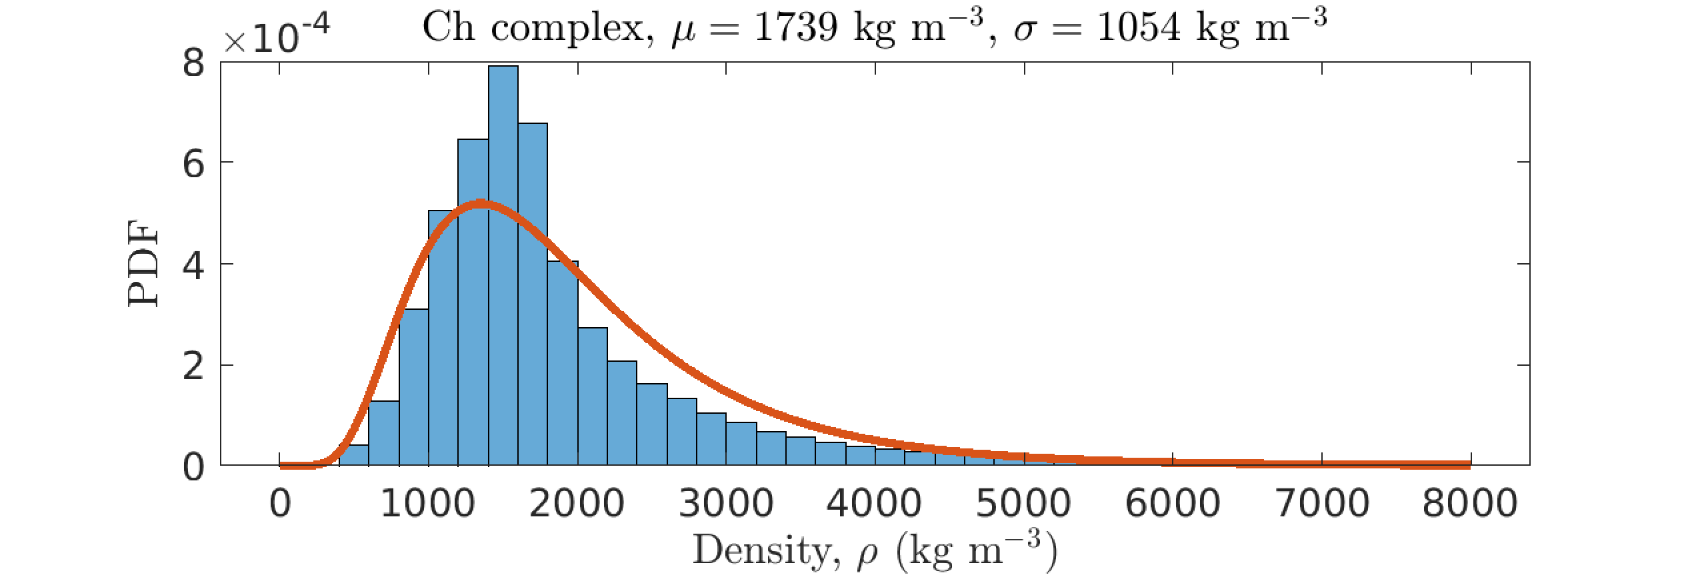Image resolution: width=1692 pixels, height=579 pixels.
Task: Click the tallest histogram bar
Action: [503, 267]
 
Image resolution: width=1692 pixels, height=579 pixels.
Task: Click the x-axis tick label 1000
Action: [427, 504]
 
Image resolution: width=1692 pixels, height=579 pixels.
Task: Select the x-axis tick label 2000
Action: [577, 504]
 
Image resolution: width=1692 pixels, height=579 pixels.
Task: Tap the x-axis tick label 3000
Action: [726, 504]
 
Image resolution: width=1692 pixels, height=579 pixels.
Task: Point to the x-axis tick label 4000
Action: [874, 504]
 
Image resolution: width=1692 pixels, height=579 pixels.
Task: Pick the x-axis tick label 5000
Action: [1023, 504]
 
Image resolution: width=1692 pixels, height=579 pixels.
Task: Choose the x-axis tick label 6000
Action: [1173, 504]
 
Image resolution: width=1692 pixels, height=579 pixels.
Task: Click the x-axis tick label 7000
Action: [1322, 504]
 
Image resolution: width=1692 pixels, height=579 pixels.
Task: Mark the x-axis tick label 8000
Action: [1470, 504]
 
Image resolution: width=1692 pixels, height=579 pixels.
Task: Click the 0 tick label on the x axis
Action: [280, 504]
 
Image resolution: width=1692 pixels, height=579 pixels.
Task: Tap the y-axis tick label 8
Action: [193, 64]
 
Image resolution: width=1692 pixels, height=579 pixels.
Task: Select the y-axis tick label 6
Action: [193, 164]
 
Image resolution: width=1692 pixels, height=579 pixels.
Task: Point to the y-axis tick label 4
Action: [193, 266]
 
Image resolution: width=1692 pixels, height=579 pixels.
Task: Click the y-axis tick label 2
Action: [193, 367]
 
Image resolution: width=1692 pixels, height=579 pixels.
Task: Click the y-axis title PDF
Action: [143, 263]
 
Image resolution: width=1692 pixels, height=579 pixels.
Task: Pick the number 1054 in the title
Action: [1138, 28]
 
